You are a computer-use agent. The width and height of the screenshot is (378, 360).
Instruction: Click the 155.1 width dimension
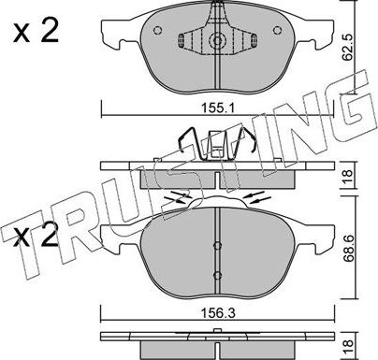[218, 108]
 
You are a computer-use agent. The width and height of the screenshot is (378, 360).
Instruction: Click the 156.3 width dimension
[218, 313]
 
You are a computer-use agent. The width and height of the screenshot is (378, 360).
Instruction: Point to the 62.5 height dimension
[347, 48]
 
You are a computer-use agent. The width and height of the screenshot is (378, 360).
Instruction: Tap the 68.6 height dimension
[348, 247]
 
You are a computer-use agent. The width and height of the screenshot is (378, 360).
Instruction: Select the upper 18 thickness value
[348, 177]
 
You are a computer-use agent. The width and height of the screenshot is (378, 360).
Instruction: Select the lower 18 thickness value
[348, 348]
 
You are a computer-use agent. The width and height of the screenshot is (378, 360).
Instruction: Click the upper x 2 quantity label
[36, 33]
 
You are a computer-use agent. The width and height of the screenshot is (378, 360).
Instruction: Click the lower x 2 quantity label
[36, 234]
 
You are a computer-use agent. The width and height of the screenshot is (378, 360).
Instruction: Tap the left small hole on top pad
[158, 30]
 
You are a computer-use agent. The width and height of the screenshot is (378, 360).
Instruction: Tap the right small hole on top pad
[277, 30]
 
